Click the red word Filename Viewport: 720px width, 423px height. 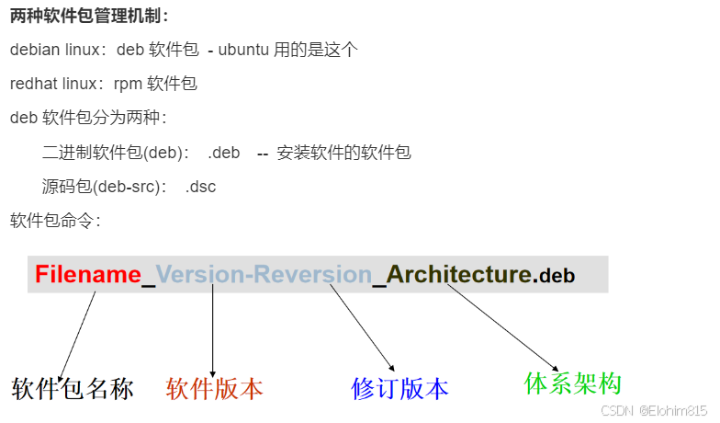click(x=87, y=274)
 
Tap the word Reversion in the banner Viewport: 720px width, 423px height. click(x=312, y=274)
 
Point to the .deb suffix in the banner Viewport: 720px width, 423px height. click(x=556, y=275)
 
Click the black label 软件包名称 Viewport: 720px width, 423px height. click(x=73, y=389)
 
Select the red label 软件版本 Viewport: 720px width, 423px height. click(x=214, y=389)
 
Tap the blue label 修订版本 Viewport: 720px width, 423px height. click(x=399, y=389)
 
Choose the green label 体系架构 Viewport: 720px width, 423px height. click(x=573, y=383)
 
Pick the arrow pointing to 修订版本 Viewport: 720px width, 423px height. click(x=362, y=327)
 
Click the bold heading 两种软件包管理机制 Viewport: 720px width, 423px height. click(x=89, y=17)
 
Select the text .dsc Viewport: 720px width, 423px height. click(x=200, y=186)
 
